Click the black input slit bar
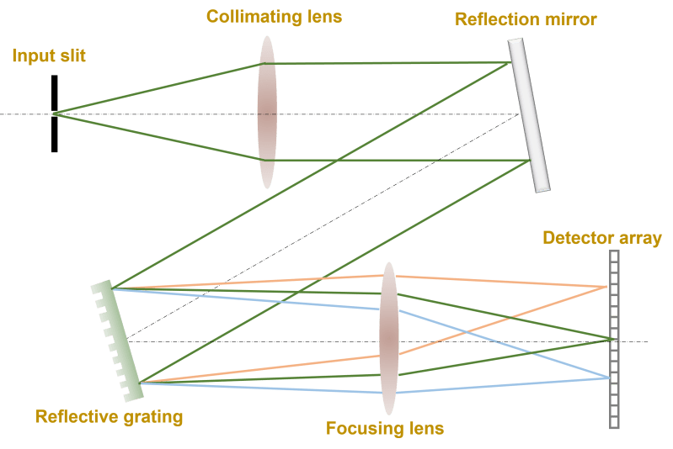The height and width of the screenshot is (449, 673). (x=55, y=114)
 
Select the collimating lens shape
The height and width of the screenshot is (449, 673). (x=267, y=112)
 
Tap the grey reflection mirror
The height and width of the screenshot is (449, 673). (x=529, y=115)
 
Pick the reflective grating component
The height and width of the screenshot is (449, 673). (x=116, y=335)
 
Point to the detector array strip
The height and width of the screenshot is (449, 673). (x=614, y=341)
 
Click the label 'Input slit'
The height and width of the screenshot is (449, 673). (x=49, y=56)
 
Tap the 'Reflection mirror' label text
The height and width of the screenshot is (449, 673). (x=526, y=18)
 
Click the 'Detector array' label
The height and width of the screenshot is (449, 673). (x=602, y=238)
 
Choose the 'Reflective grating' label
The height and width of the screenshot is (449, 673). (x=109, y=416)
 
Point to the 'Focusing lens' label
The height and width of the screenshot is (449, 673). (x=385, y=429)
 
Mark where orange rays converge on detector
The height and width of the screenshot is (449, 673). (x=606, y=287)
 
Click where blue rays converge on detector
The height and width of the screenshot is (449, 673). (x=607, y=378)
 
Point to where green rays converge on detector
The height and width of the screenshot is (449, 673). (x=608, y=339)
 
